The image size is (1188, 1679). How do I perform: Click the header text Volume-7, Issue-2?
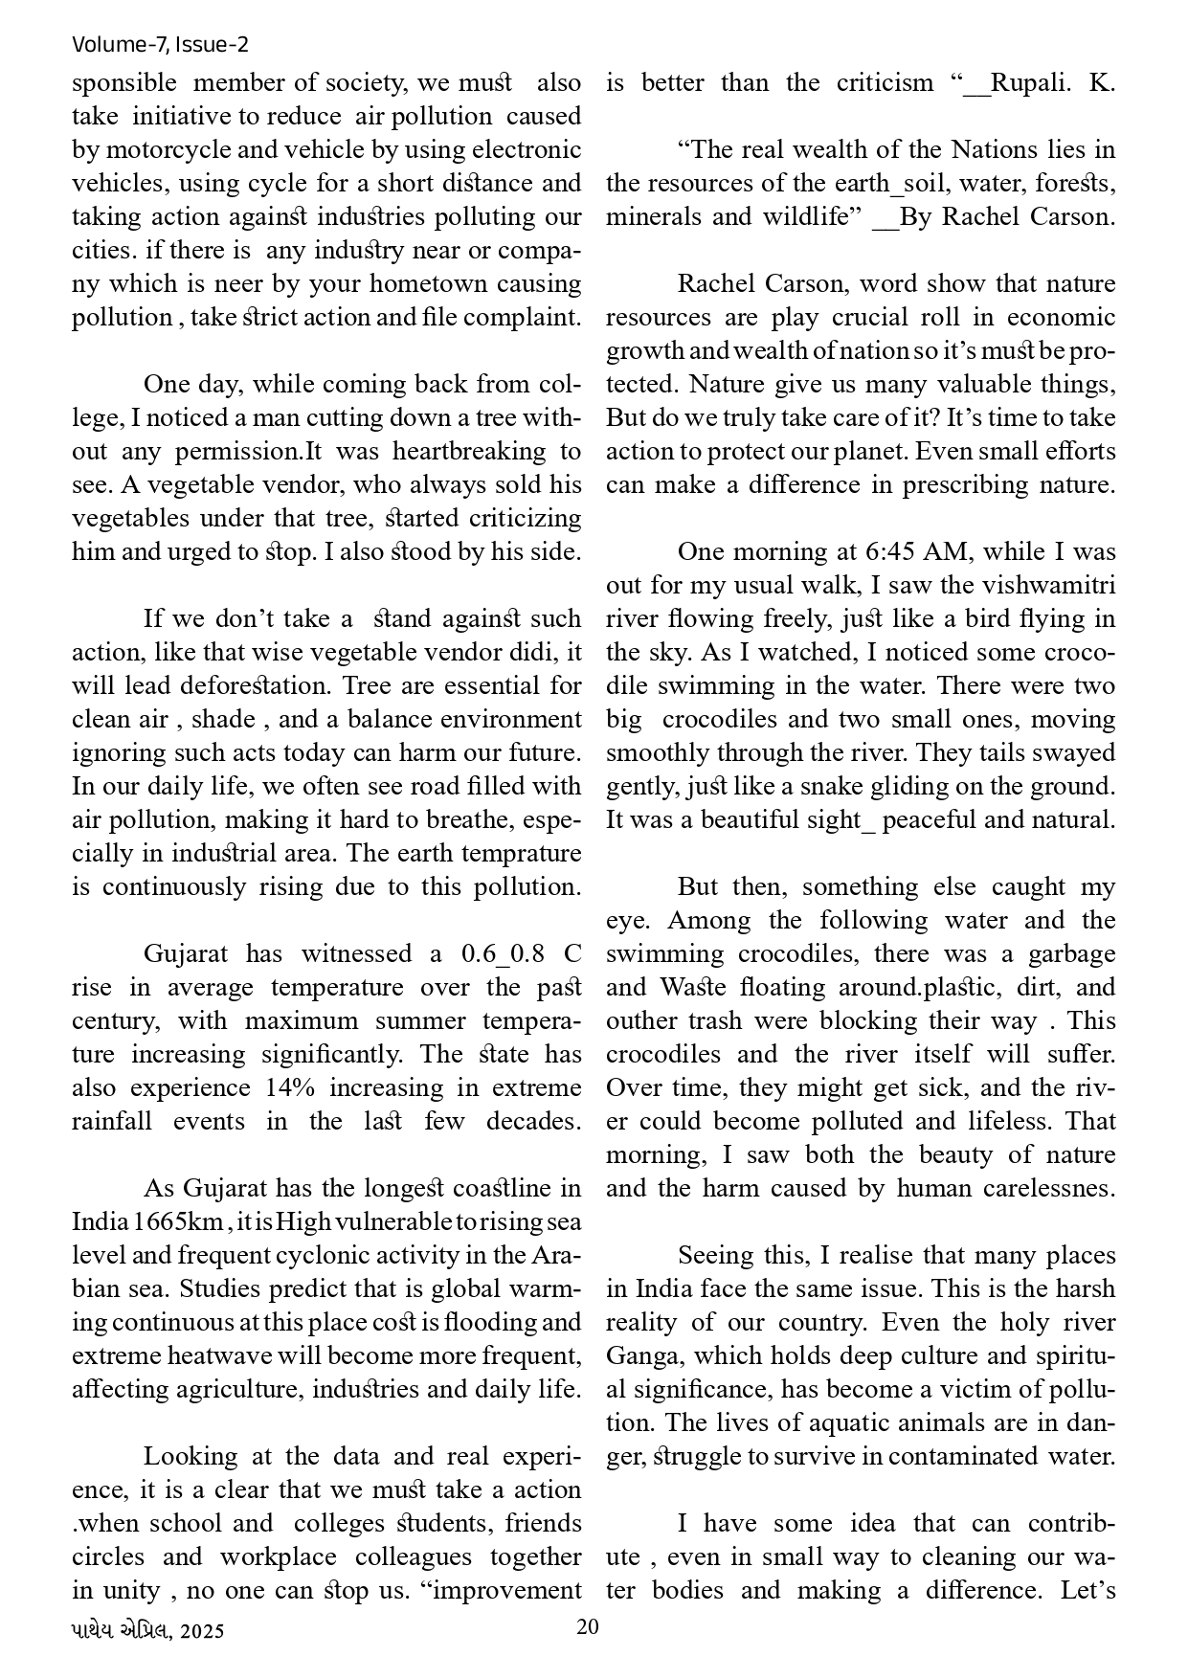[x=160, y=44]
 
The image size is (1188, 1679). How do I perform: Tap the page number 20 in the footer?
[x=588, y=1626]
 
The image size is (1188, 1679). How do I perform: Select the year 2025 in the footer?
[x=201, y=1630]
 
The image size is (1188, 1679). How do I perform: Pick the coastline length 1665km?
[x=178, y=1221]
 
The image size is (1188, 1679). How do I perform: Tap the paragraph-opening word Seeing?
[x=716, y=1255]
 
